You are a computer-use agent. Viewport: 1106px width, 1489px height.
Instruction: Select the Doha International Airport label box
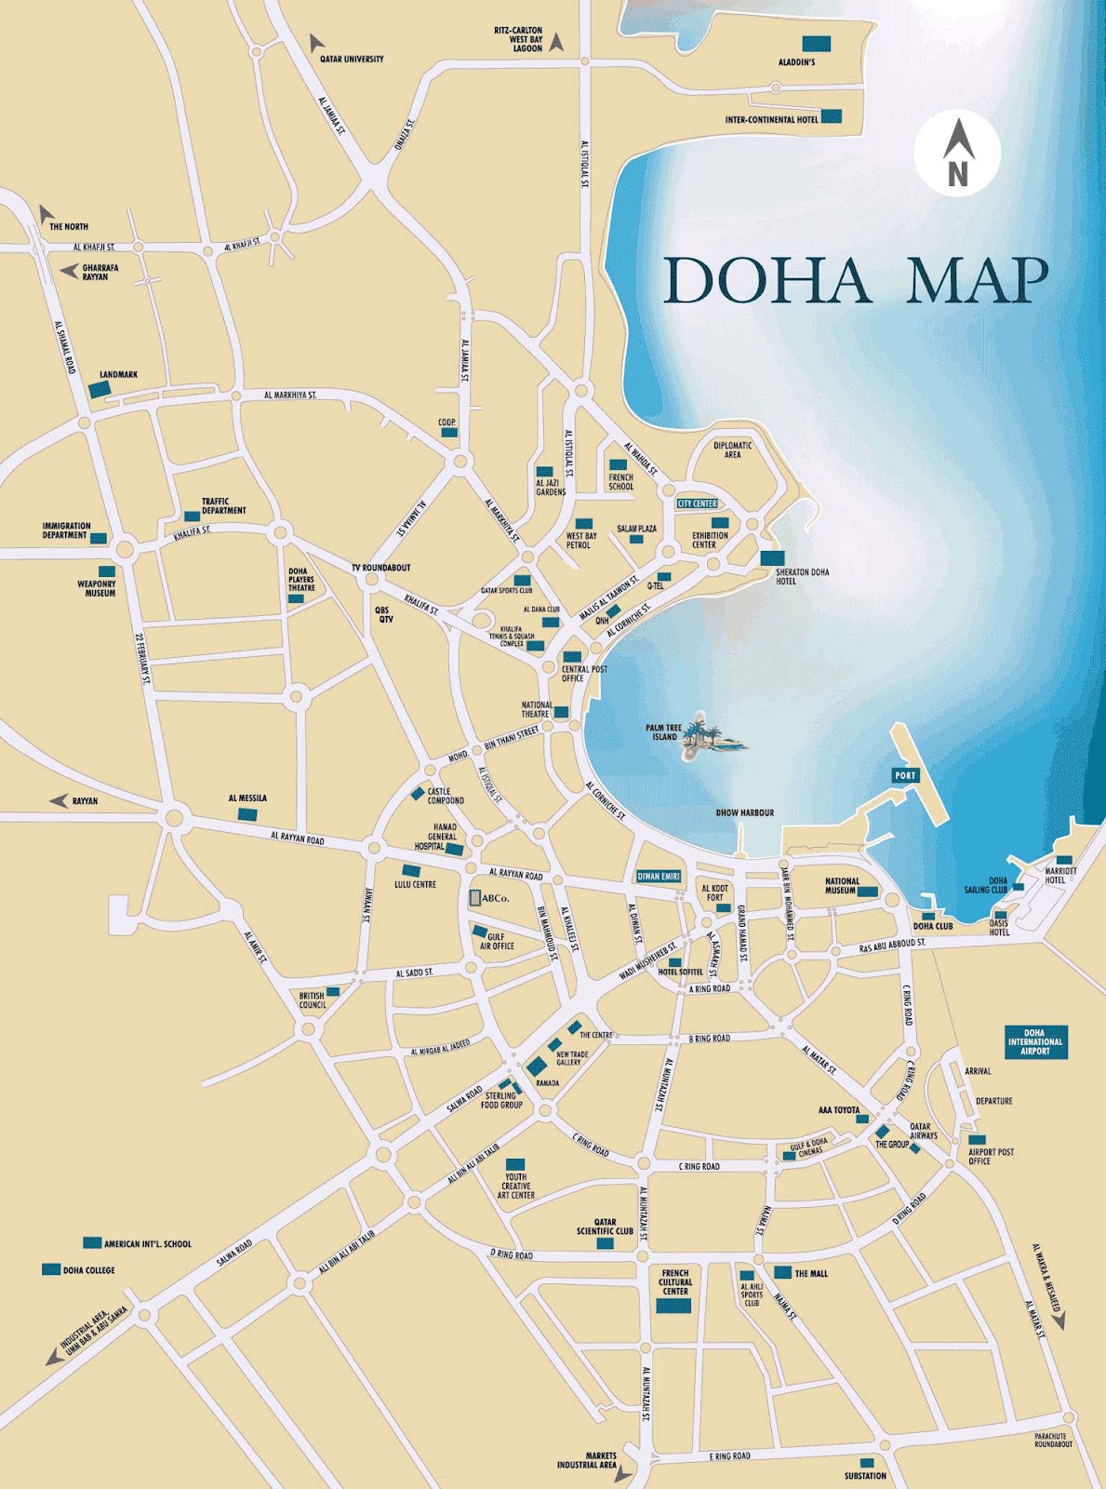(1035, 1041)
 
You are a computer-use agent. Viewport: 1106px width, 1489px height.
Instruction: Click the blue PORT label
(903, 775)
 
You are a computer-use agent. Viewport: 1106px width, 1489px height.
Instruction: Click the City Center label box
(698, 503)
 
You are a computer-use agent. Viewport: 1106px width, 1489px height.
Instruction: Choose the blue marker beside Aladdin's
(816, 43)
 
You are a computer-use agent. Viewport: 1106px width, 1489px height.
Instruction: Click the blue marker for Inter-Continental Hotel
(832, 116)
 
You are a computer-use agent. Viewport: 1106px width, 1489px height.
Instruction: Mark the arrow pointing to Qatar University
(314, 42)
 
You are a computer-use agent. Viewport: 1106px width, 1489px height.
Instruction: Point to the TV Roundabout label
(381, 568)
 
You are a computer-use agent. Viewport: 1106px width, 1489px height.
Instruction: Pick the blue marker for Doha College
(51, 1269)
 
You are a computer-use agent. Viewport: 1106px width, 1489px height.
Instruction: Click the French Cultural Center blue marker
(674, 1306)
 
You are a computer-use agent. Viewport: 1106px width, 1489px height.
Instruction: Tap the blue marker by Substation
(867, 1462)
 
